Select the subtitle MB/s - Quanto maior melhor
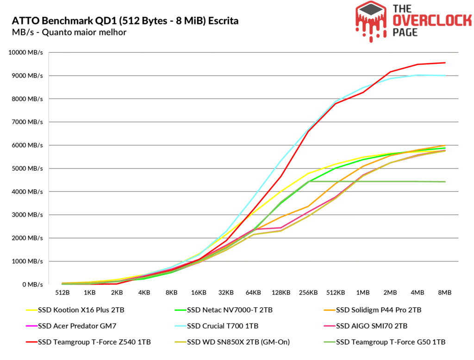coord(69,32)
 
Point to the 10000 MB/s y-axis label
coord(26,52)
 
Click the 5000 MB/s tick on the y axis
coord(27,168)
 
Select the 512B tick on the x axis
coord(62,293)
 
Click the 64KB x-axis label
coord(254,293)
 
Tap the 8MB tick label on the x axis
coord(445,293)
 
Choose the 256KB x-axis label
coord(308,293)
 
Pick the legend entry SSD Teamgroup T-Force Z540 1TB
coord(87,342)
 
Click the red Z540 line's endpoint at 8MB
coord(445,63)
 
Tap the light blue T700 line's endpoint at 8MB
coord(445,75)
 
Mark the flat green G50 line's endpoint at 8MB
coord(445,182)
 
